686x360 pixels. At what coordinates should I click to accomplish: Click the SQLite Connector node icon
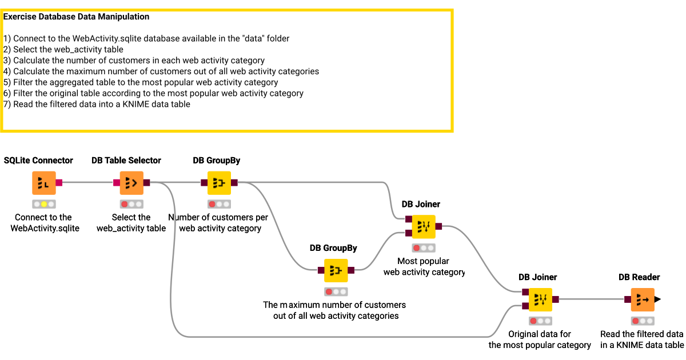click(x=43, y=183)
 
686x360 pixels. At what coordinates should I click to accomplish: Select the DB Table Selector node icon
click(x=131, y=183)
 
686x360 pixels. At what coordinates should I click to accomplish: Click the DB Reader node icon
click(x=643, y=299)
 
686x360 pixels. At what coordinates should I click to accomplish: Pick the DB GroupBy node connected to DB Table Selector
click(x=219, y=183)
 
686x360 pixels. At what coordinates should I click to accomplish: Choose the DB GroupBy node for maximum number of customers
click(x=336, y=270)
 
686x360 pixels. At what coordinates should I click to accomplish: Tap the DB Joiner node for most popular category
click(x=424, y=226)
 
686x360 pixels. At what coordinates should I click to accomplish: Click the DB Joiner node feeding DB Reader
click(x=540, y=299)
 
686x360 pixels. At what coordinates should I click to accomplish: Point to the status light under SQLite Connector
click(x=43, y=204)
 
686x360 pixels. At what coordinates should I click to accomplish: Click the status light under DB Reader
click(x=643, y=321)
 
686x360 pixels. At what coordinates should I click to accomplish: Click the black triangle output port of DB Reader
click(x=657, y=299)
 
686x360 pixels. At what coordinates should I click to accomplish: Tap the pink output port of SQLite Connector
click(x=59, y=183)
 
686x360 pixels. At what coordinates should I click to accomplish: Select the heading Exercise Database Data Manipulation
click(x=76, y=17)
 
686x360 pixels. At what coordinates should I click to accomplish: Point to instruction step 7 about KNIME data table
click(x=97, y=105)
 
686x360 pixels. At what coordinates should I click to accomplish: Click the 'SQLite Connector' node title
click(x=38, y=161)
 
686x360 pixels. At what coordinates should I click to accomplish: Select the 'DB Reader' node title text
click(x=639, y=277)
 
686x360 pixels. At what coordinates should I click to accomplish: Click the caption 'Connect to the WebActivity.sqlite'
click(x=43, y=223)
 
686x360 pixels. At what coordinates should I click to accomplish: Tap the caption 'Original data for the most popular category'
click(x=540, y=339)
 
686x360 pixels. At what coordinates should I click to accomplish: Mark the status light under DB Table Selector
click(x=131, y=204)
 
